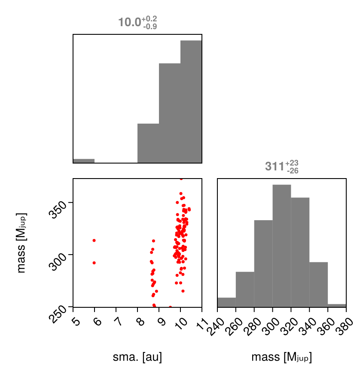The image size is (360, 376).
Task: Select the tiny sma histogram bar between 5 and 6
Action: (84, 161)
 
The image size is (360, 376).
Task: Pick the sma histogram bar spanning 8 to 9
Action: (148, 143)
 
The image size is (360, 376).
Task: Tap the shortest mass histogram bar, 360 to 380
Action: (336, 306)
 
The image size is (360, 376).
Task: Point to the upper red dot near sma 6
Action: (94, 240)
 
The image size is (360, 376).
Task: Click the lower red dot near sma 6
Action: (94, 263)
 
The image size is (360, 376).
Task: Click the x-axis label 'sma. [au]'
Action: (137, 357)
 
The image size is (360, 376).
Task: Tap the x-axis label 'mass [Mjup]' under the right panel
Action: (281, 357)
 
